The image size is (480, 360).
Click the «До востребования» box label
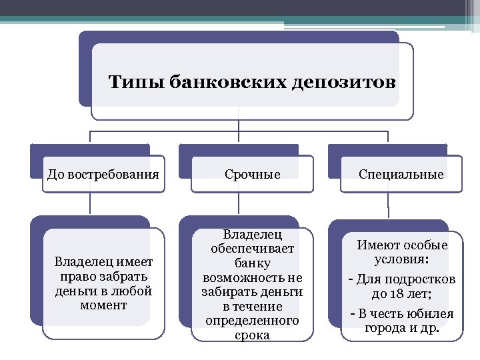point(103,175)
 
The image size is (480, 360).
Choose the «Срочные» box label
point(253,175)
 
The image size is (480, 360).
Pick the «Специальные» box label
point(401,175)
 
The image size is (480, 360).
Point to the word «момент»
point(103,305)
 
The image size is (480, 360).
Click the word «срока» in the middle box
point(253,335)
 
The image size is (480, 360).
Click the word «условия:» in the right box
point(401,259)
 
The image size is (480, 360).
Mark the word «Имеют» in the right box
point(378,245)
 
